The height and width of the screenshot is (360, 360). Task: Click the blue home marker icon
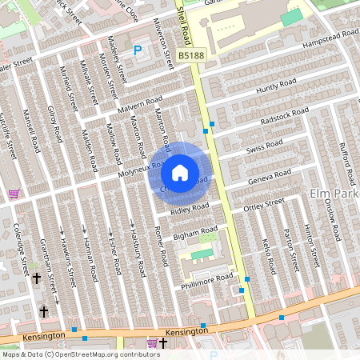[x=180, y=173]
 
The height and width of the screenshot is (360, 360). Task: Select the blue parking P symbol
[x=138, y=50]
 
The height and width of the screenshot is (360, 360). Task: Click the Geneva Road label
[x=270, y=175]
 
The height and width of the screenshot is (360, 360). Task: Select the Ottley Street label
[x=264, y=205]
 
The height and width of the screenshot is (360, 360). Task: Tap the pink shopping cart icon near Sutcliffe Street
[x=14, y=194]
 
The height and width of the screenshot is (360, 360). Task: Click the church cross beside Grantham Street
[x=37, y=278]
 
